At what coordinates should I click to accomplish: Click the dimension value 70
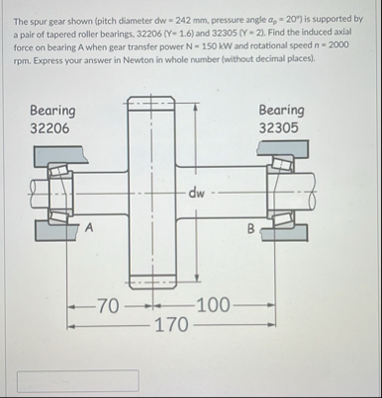(109, 306)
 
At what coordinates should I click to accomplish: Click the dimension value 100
(214, 305)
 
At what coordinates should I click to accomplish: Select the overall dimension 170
(171, 325)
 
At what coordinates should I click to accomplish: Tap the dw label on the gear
(197, 193)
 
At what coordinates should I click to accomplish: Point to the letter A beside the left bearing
(89, 227)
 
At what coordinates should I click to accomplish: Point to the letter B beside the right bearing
(251, 228)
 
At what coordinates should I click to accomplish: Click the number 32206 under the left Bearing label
(49, 128)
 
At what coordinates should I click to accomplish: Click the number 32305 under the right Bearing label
(278, 127)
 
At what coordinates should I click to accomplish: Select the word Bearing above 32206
(52, 111)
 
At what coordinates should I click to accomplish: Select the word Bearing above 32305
(281, 111)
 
